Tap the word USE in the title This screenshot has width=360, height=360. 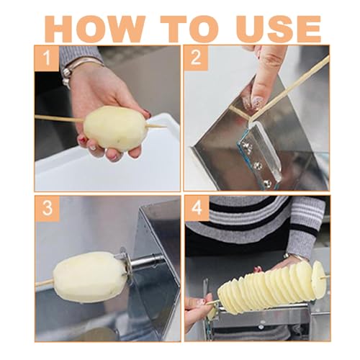279,29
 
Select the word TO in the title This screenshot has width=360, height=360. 189,29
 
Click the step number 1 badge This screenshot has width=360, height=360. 47,58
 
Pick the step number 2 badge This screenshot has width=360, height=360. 196,58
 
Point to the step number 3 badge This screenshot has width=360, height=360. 47,208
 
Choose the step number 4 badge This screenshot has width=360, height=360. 197,208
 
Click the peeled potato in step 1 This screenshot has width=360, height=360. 115,128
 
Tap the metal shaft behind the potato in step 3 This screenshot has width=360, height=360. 146,261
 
